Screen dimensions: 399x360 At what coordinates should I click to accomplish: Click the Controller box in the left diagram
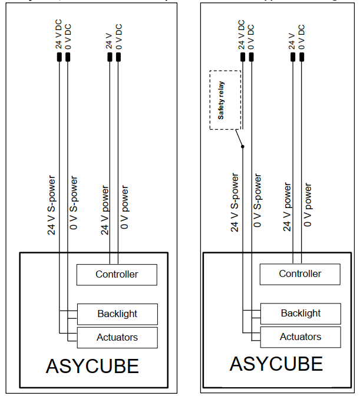tap(117, 275)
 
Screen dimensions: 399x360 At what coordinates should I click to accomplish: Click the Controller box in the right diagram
tap(300, 274)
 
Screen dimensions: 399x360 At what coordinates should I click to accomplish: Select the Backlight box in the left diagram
tap(117, 314)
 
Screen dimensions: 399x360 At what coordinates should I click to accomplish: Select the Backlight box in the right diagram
tap(300, 314)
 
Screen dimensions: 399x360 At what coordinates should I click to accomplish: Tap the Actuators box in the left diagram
tap(117, 338)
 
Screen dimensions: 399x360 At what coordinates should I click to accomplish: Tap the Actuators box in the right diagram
tap(300, 337)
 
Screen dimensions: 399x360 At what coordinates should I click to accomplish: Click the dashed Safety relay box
tap(225, 100)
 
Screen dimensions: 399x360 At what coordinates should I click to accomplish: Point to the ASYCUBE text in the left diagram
tap(92, 366)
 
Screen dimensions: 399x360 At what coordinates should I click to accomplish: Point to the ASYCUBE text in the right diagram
tap(276, 364)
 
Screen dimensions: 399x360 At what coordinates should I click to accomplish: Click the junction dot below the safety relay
tap(242, 147)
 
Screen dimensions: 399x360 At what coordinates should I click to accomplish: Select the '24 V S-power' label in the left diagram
tap(52, 205)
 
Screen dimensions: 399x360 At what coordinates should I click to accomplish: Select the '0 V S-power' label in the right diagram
tap(257, 200)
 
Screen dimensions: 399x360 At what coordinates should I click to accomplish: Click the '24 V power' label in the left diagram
tap(105, 210)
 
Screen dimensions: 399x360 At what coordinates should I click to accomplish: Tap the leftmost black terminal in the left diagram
tap(60, 57)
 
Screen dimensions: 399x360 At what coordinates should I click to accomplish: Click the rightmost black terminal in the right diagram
tap(302, 57)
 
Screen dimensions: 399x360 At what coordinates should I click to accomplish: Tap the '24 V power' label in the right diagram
tap(288, 207)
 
